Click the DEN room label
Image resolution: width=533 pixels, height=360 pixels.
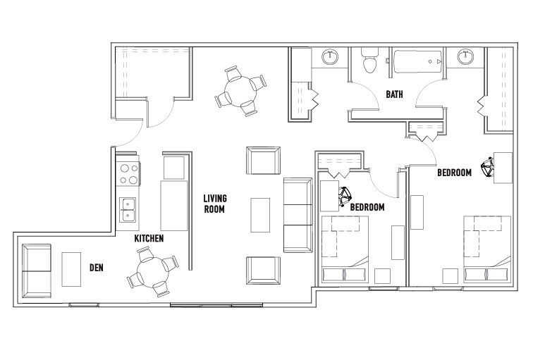coord(97,268)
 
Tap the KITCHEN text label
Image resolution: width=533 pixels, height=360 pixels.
coord(149,239)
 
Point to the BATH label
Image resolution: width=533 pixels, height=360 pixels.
coord(394,94)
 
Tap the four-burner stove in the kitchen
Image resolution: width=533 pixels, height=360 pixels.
coord(128,173)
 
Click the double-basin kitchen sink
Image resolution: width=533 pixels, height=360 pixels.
coord(128,209)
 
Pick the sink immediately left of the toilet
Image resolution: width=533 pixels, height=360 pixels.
coord(329,58)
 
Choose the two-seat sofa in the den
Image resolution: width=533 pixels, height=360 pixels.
coord(37,269)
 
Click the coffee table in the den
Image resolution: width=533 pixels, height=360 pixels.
coord(72,269)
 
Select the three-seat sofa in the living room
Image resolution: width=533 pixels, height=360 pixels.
coord(297,214)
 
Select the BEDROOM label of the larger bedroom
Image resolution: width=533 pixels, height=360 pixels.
coord(454,173)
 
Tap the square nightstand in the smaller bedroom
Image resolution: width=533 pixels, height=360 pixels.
coord(383,275)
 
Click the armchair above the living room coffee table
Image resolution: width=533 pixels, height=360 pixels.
coord(262,160)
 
